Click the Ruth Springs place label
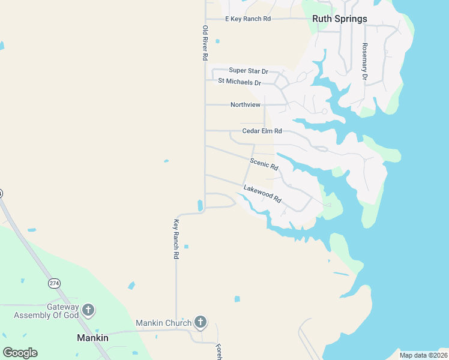(x=339, y=19)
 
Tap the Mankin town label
(x=93, y=338)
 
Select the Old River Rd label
(x=205, y=43)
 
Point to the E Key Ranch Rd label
(x=248, y=19)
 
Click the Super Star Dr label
(x=248, y=71)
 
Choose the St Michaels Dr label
(x=240, y=82)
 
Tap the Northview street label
(x=246, y=105)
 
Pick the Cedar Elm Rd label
(x=262, y=131)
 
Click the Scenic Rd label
(x=264, y=164)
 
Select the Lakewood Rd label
(x=262, y=193)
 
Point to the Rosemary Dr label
(x=364, y=62)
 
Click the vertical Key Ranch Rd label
(x=176, y=239)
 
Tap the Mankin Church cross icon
(x=200, y=323)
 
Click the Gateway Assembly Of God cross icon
(x=88, y=310)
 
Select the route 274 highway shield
(x=54, y=283)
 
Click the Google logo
(x=20, y=353)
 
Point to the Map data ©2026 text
(x=423, y=355)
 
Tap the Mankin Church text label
(x=163, y=323)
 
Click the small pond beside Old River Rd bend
(x=200, y=205)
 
